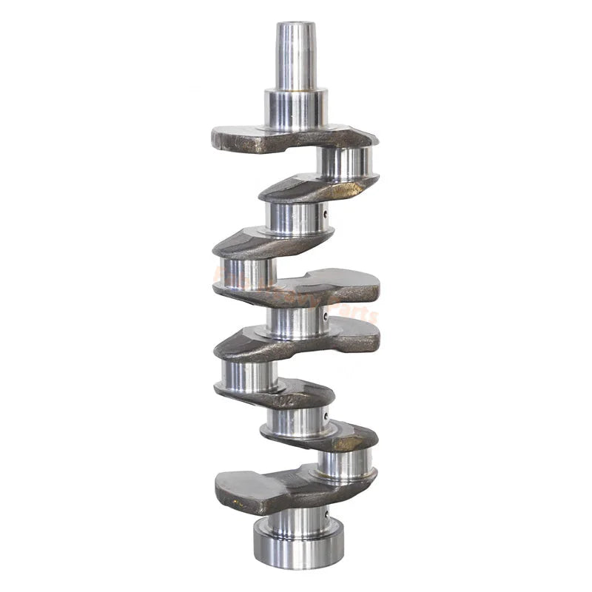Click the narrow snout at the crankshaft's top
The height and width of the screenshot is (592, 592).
[x=296, y=55]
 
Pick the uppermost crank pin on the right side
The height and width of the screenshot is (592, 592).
[x=344, y=164]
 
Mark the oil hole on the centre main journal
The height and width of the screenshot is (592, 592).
[x=325, y=320]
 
